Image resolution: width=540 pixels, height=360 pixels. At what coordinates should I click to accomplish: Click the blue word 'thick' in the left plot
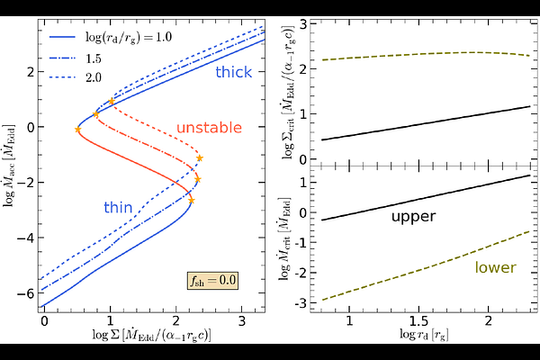233,73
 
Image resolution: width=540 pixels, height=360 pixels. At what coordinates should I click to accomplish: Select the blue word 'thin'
118,208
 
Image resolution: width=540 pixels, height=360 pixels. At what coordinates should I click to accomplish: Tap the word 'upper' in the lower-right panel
413,217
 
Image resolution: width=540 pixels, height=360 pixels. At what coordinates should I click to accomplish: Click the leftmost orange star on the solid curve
77,130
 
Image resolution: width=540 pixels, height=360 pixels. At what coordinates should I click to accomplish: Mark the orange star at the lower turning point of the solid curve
191,200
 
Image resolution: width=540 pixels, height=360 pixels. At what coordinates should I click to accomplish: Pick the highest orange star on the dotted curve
112,102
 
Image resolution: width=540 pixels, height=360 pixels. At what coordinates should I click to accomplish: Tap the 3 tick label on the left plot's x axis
242,319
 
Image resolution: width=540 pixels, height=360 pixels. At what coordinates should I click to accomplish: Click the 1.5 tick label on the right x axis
418,320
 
